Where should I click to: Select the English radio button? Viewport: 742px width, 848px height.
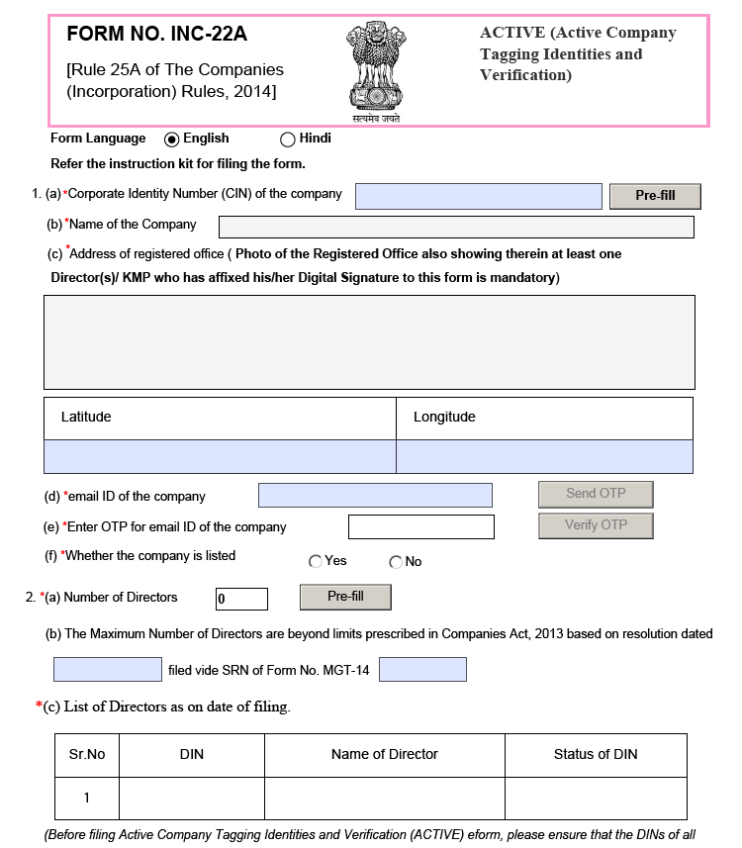point(171,140)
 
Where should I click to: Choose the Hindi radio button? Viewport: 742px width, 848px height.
point(288,140)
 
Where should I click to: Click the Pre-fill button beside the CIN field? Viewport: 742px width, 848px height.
point(654,196)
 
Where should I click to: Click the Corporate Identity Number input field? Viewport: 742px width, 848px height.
point(478,196)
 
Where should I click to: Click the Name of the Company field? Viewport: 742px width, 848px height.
point(455,227)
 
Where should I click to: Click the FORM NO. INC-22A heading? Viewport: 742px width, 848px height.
point(156,35)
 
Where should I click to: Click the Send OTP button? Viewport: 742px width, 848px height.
point(596,494)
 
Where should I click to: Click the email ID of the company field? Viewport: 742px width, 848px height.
point(375,496)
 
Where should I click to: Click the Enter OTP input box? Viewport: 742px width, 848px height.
point(420,526)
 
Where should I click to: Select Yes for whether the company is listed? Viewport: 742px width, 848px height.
point(316,562)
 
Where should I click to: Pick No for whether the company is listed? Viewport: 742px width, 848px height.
point(396,562)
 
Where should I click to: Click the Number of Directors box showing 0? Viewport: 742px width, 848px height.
point(241,599)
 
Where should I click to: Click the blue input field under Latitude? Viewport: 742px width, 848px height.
point(220,456)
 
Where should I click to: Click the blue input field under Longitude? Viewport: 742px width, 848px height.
point(544,456)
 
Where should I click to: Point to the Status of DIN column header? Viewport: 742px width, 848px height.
point(596,754)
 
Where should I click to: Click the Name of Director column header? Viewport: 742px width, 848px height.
point(384,754)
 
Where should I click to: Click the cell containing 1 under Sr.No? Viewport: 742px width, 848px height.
point(86,798)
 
